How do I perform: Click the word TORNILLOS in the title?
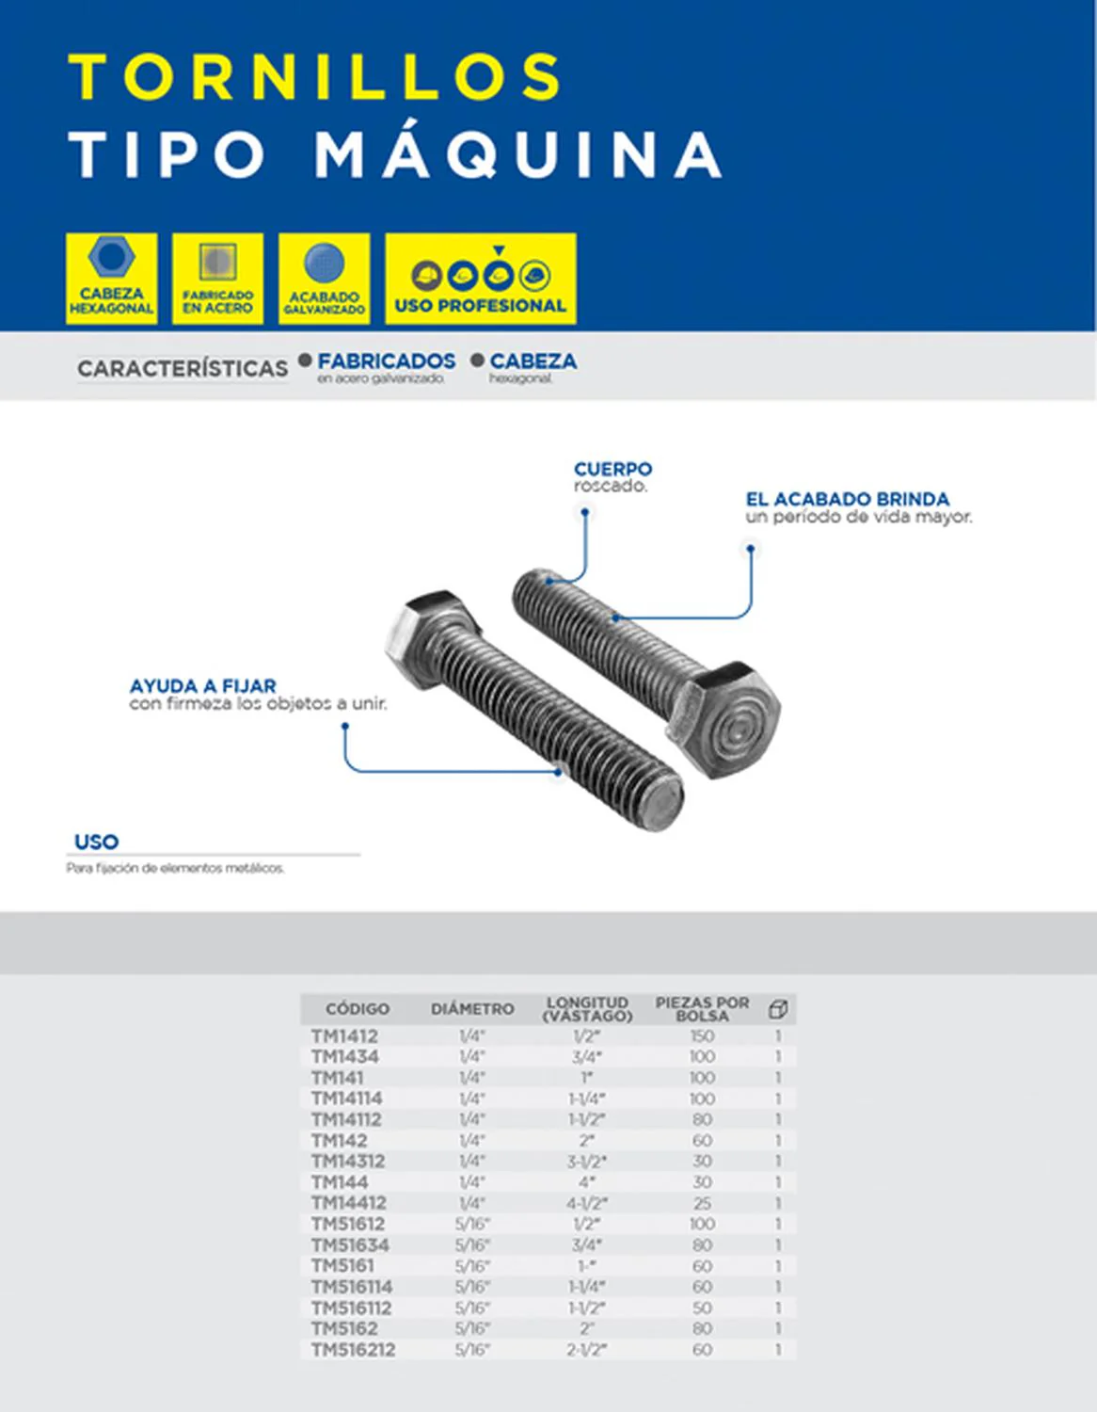[316, 77]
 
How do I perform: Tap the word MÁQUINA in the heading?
[517, 154]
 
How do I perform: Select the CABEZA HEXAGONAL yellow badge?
[111, 279]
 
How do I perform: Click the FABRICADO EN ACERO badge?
[217, 279]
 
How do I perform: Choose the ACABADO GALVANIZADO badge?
[324, 279]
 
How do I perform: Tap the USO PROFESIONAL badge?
[480, 279]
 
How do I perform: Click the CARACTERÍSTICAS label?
[183, 368]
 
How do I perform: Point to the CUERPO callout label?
[612, 469]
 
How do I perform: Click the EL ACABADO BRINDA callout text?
[847, 499]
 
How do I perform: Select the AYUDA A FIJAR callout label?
[203, 686]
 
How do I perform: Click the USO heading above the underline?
[96, 842]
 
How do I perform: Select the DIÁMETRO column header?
[472, 1009]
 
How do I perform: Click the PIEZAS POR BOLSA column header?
[702, 1009]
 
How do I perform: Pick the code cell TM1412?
[344, 1036]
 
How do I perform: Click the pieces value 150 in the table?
[702, 1036]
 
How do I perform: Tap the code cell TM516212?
[353, 1350]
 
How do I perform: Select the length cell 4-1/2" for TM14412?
[587, 1203]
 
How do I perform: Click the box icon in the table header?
[778, 1009]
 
